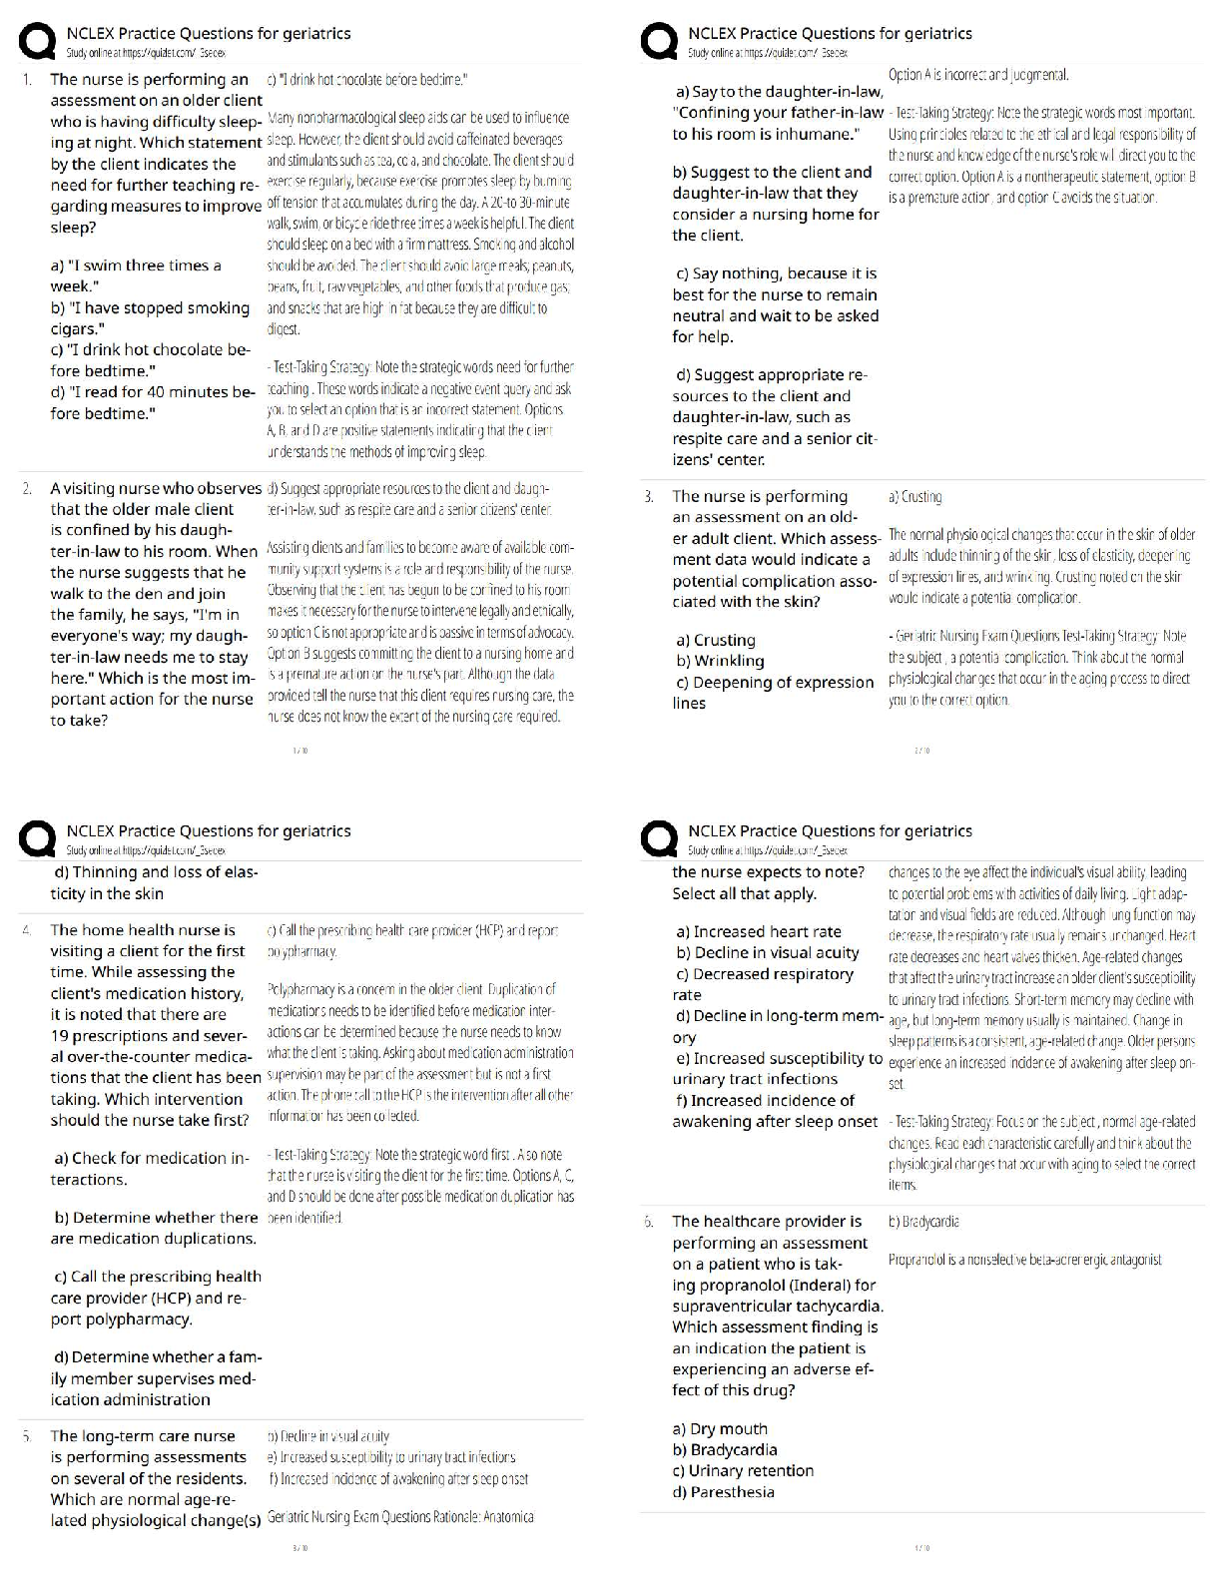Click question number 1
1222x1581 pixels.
pyautogui.click(x=27, y=79)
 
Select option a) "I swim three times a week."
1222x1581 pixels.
pyautogui.click(x=136, y=275)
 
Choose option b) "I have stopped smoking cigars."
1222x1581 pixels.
pyautogui.click(x=150, y=318)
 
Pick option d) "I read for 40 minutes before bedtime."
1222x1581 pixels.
pyautogui.click(x=153, y=402)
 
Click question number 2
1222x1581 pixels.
pyautogui.click(x=28, y=488)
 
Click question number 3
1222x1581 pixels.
pyautogui.click(x=649, y=496)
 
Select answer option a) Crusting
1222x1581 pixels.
pyautogui.click(x=716, y=640)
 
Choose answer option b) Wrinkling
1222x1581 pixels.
pyautogui.click(x=720, y=661)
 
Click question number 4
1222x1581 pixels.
pyautogui.click(x=27, y=929)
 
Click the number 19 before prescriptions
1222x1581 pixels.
pyautogui.click(x=59, y=1036)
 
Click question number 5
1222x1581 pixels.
pyautogui.click(x=27, y=1435)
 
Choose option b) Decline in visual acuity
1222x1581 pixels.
pyautogui.click(x=768, y=952)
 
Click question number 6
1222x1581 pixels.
pyautogui.click(x=649, y=1221)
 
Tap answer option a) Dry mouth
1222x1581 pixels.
pyautogui.click(x=722, y=1428)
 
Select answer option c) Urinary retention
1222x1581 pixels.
pyautogui.click(x=744, y=1470)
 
